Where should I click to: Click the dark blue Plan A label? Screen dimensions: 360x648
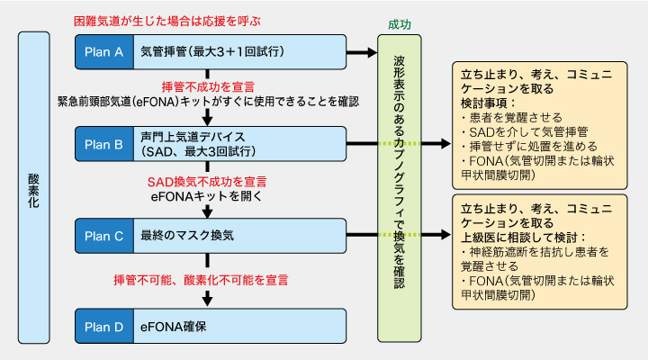coord(103,51)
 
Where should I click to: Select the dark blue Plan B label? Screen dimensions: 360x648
coord(103,142)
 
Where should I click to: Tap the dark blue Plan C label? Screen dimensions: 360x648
coord(103,235)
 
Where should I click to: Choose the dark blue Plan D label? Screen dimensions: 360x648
coord(103,326)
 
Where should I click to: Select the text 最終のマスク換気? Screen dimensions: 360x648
coord(187,235)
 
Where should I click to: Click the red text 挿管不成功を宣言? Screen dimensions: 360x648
coord(207,86)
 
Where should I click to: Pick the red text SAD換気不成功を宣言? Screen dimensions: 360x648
coord(207,181)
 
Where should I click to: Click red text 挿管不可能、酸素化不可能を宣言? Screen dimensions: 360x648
coord(207,281)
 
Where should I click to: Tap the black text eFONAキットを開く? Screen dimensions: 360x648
coord(207,194)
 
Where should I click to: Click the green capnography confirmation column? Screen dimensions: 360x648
coord(399,189)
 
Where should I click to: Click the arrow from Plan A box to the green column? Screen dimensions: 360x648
coord(363,54)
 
